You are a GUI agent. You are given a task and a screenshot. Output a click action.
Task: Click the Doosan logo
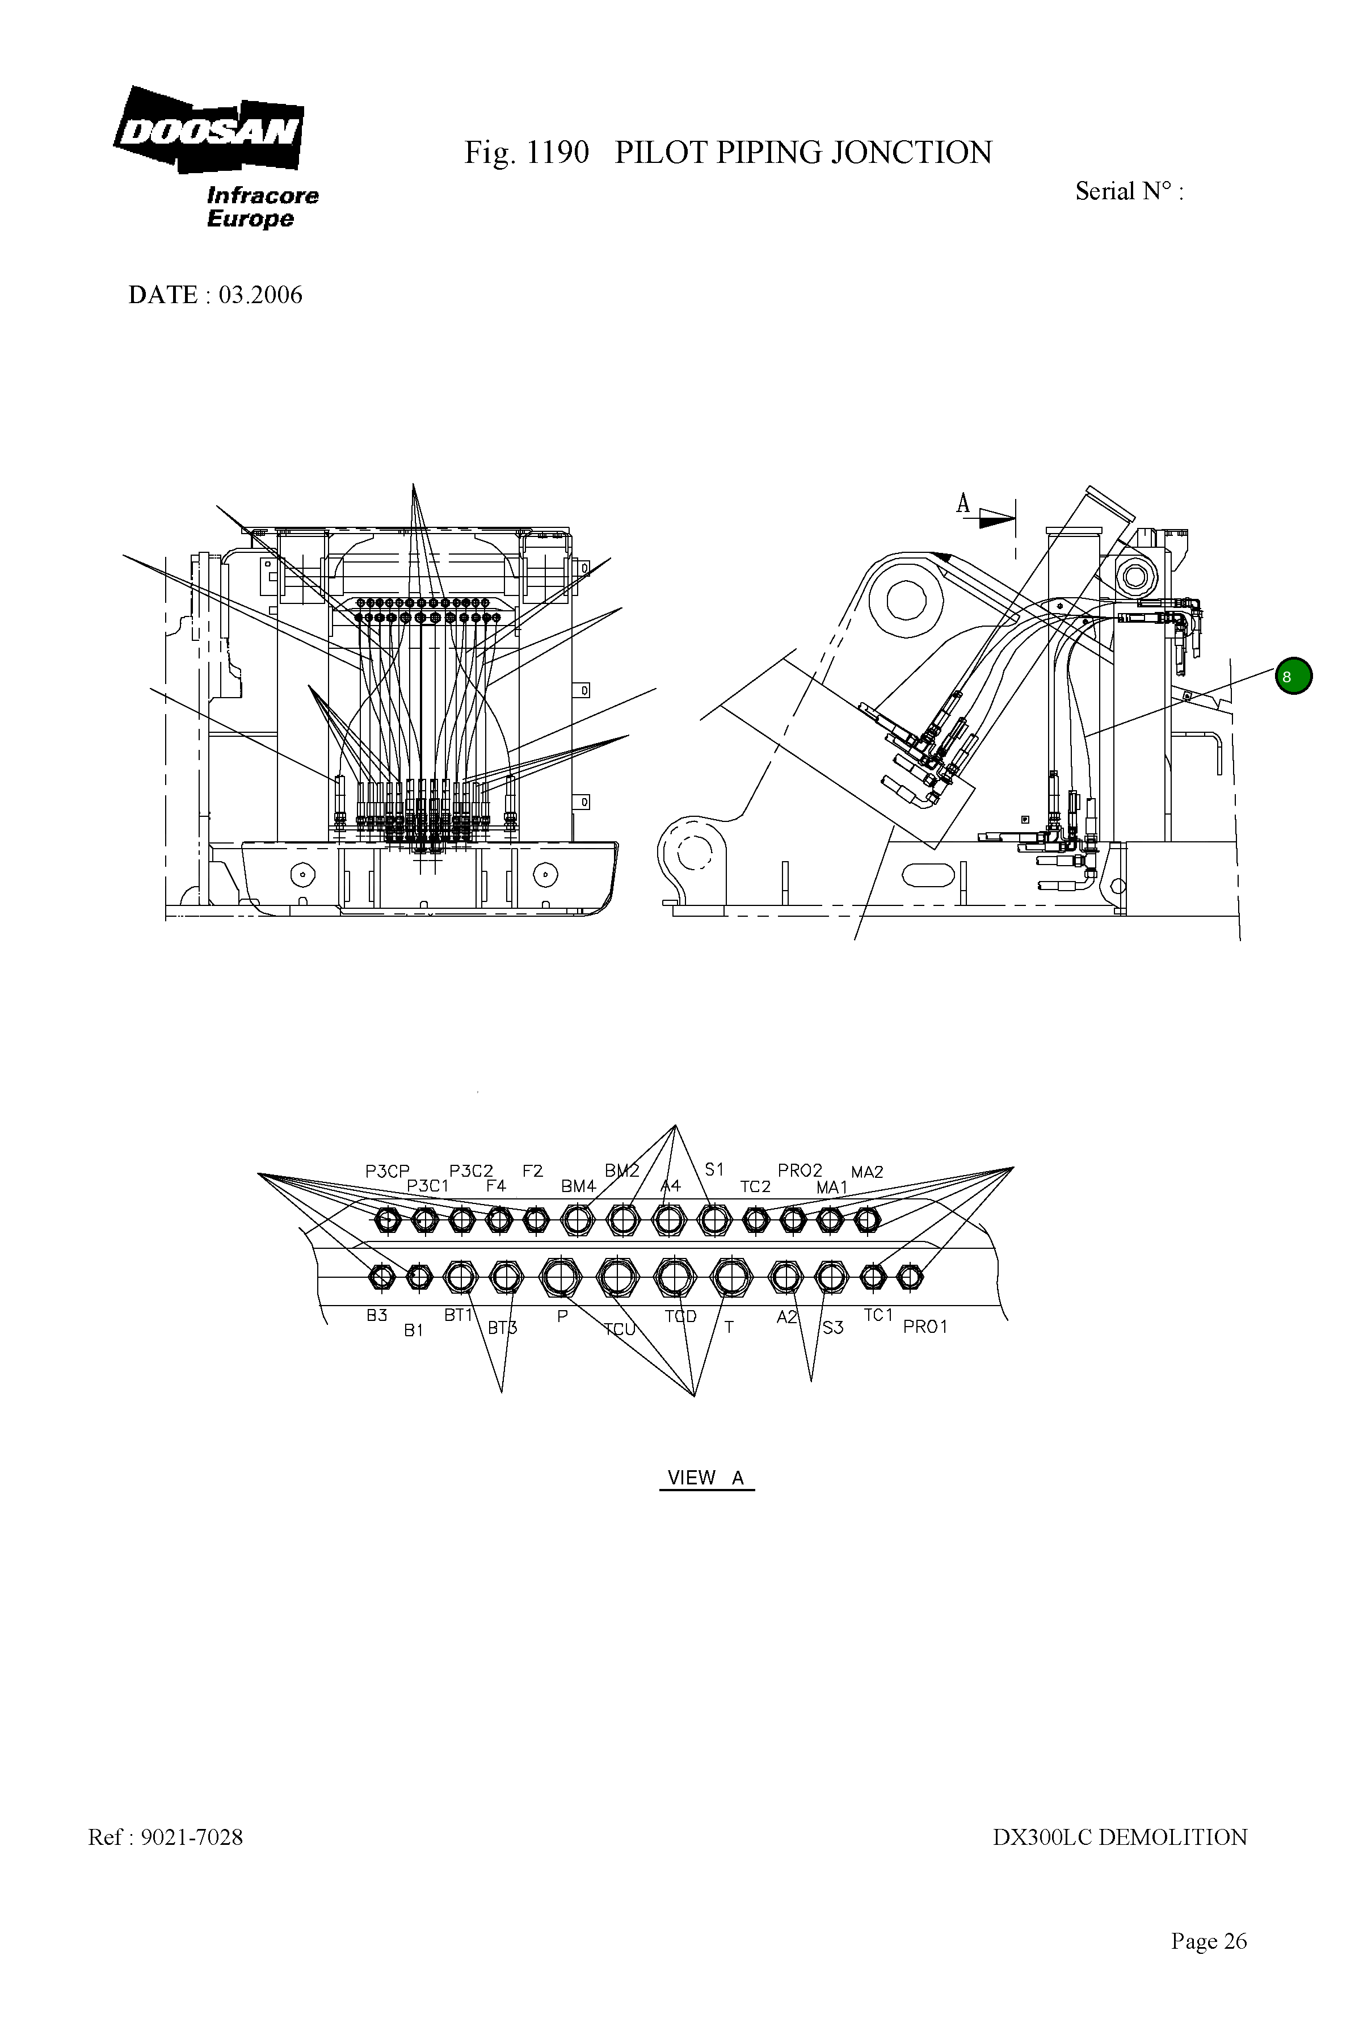(x=209, y=130)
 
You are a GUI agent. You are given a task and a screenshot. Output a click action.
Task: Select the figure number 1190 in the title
(x=557, y=153)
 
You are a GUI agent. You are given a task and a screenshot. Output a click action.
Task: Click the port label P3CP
(x=386, y=1171)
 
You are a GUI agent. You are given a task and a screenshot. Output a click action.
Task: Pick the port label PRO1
(x=925, y=1327)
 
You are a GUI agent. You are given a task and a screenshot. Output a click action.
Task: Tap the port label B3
(x=376, y=1316)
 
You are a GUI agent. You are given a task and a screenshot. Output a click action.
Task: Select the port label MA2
(x=866, y=1172)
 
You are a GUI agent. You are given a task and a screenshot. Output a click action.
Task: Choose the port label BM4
(x=578, y=1186)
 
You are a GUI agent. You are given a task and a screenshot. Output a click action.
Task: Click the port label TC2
(x=755, y=1186)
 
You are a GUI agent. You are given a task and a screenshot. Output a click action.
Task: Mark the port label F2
(x=532, y=1171)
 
